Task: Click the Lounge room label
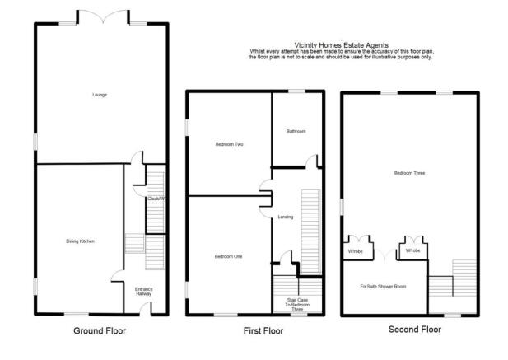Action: tap(100, 96)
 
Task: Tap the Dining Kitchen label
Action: tap(81, 241)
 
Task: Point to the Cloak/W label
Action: tap(156, 199)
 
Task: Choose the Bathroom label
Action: tap(296, 131)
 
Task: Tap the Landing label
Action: tap(286, 217)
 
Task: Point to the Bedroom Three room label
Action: tap(408, 173)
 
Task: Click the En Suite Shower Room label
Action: tap(382, 287)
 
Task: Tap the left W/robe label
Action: tap(356, 250)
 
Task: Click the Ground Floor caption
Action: tap(100, 330)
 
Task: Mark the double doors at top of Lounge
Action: tap(100, 18)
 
